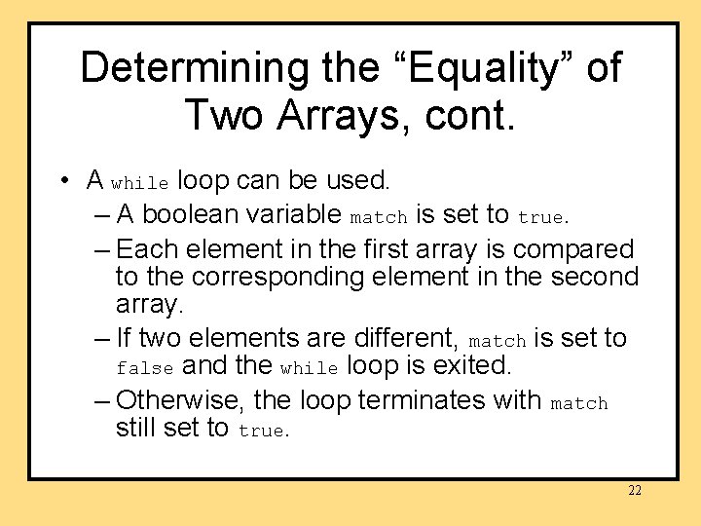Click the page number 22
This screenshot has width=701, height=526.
point(634,491)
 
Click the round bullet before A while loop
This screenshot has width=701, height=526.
point(62,181)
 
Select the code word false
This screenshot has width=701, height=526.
point(145,369)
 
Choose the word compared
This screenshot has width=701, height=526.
point(573,249)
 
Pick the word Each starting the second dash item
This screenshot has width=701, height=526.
point(147,249)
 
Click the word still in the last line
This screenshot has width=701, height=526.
point(138,428)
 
